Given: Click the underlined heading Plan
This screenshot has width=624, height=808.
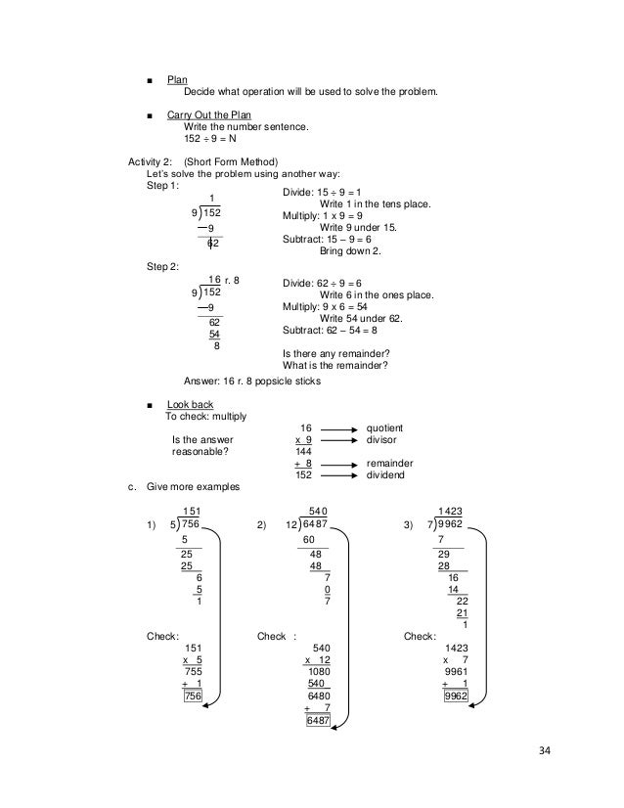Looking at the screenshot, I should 177,78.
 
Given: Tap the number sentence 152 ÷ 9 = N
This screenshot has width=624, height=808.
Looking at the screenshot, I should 210,139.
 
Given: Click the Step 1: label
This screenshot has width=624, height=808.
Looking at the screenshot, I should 162,185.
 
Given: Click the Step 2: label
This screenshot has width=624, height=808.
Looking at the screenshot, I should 162,266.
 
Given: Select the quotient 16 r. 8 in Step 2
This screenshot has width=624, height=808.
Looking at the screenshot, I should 224,280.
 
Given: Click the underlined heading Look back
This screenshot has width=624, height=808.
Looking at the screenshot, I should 191,404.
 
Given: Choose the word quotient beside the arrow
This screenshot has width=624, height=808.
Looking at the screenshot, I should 383,428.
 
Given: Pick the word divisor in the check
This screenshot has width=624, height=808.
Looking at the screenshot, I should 380,440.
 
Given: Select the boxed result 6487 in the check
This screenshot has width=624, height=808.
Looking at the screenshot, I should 318,721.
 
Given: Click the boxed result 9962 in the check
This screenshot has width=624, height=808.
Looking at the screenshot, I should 454,696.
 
